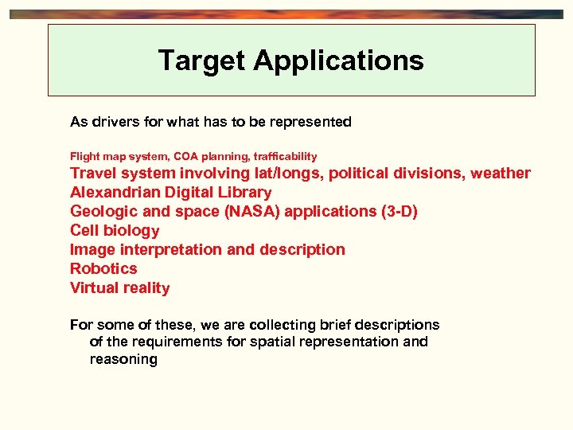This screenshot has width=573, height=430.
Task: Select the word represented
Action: click(x=310, y=122)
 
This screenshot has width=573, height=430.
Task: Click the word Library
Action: click(x=245, y=192)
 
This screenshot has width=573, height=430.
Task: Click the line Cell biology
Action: click(x=115, y=230)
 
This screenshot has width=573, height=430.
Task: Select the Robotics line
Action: click(x=103, y=268)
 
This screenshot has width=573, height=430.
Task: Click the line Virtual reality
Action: click(x=120, y=287)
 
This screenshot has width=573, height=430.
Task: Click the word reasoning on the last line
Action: click(x=123, y=359)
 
